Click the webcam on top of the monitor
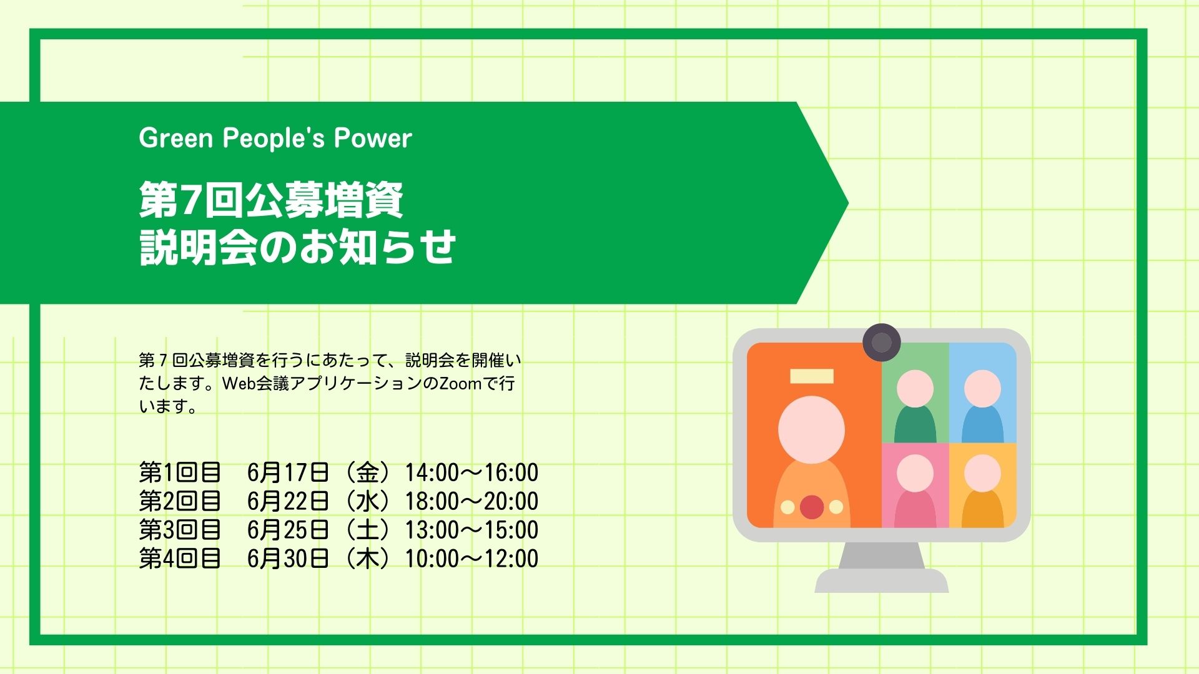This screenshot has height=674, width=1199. coord(881,342)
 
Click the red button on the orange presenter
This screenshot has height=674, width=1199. coord(812,507)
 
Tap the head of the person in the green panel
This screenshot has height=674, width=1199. coord(915,388)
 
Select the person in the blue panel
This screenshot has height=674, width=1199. coord(982,406)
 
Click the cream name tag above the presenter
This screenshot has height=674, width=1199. coord(812,376)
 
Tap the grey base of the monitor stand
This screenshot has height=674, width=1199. coord(881,580)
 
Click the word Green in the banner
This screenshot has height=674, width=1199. coord(176,138)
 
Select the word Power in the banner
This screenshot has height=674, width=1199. coord(373,138)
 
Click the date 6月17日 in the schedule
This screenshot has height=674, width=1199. coord(288,472)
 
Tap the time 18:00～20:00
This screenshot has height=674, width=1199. coord(471,501)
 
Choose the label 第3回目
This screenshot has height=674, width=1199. coord(180,530)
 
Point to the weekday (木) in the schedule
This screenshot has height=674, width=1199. coord(368,559)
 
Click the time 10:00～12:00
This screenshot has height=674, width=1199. coord(471,559)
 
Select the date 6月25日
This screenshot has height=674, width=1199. coord(288,530)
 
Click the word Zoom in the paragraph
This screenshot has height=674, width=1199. coord(461,383)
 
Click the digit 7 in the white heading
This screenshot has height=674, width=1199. coord(192,200)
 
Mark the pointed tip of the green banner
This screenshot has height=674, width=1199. coord(847,202)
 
